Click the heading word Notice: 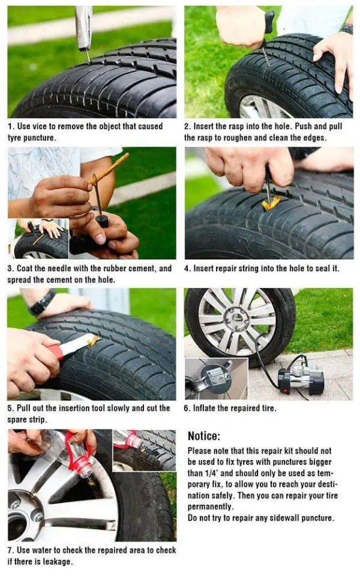click(204, 436)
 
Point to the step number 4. click(187, 269)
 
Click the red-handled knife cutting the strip click(69, 346)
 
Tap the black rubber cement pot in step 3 click(101, 220)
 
